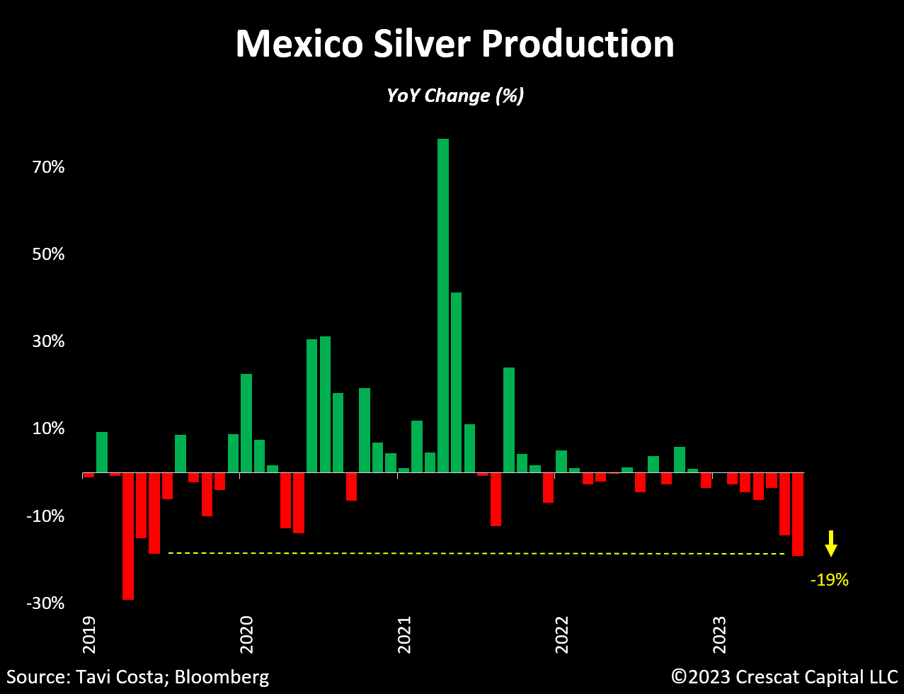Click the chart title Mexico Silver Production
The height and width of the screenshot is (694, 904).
pos(454,44)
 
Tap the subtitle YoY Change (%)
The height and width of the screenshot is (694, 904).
pos(454,95)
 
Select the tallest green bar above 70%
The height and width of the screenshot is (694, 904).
pos(443,305)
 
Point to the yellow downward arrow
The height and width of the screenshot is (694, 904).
pos(831,543)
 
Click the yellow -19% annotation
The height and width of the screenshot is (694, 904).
pos(829,580)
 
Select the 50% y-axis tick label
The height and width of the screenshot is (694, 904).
pos(47,254)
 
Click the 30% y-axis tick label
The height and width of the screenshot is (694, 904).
pos(47,341)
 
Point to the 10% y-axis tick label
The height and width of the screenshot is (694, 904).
pos(47,428)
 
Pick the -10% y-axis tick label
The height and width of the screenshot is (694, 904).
pos(45,516)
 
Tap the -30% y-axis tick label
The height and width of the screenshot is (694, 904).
pos(45,603)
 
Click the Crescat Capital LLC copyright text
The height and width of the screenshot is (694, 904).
pos(784,676)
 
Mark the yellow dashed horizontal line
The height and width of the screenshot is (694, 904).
pos(474,553)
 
